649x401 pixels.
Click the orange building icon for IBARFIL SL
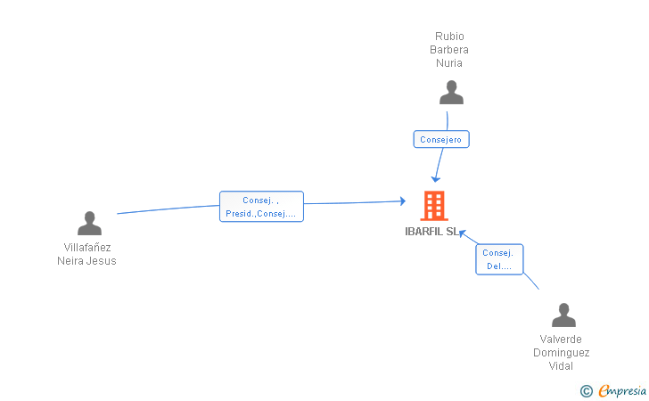pos(434,205)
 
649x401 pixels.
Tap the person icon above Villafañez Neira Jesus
pos(89,224)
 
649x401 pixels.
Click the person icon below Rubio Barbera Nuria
pos(451,93)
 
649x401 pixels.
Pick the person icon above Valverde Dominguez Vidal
pos(563,315)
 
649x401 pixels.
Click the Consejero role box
pos(441,140)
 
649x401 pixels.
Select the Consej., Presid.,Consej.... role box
pos(261,207)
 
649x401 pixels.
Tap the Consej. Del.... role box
pos(499,259)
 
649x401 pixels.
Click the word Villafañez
pos(87,248)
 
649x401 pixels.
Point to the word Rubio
pos(449,37)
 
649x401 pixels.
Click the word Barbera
pos(449,50)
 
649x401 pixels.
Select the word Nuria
pos(449,63)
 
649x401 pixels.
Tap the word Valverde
pos(561,340)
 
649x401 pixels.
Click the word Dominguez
pos(562,353)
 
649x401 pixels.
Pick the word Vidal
pos(561,366)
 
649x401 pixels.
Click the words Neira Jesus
pos(87,261)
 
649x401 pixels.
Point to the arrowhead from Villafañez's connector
pos(403,201)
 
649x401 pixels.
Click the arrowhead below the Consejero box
pos(435,179)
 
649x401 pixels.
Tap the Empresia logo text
pos(622,390)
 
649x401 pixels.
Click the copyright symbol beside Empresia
pos(587,391)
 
